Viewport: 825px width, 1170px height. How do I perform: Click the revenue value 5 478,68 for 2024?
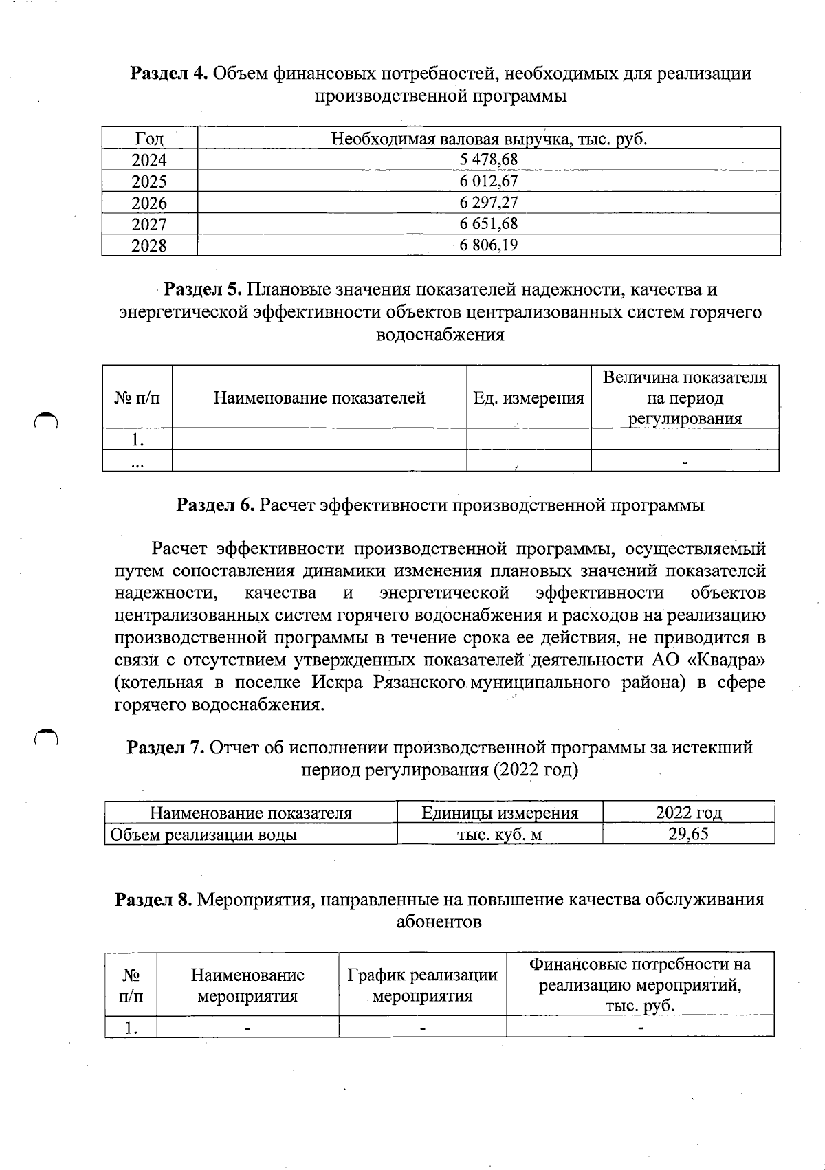click(x=489, y=159)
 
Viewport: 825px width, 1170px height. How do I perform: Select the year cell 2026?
click(x=149, y=203)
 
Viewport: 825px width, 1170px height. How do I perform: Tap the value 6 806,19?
click(x=489, y=245)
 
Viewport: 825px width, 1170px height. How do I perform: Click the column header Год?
click(x=149, y=139)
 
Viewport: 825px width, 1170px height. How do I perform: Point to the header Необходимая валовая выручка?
click(x=489, y=139)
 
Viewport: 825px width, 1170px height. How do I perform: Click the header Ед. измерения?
click(x=529, y=397)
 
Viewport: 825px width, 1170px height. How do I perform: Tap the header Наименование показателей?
click(x=319, y=397)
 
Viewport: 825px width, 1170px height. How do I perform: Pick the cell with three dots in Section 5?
click(x=137, y=461)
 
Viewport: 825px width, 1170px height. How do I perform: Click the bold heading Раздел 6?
click(x=217, y=505)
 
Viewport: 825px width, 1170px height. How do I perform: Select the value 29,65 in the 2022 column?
click(x=688, y=834)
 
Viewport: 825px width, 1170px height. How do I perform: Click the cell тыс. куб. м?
click(x=500, y=835)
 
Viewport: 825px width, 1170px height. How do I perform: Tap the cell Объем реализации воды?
click(x=204, y=835)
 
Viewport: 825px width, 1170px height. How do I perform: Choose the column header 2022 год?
click(x=688, y=813)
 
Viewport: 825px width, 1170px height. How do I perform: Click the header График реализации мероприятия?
click(x=422, y=984)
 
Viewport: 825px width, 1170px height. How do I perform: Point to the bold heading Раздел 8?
click(x=153, y=899)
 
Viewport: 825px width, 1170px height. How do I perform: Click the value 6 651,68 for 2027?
click(x=489, y=223)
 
